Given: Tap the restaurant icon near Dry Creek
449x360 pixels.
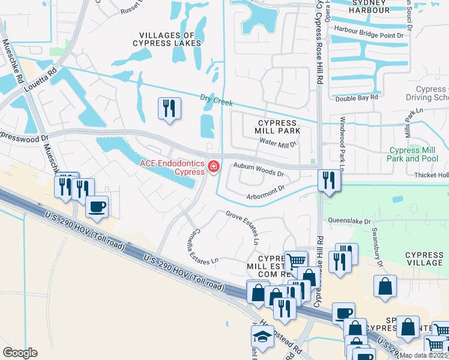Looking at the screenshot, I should (x=169, y=109).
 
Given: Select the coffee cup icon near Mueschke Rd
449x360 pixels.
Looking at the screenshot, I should (x=96, y=207).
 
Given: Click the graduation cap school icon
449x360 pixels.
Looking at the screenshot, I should (x=262, y=337).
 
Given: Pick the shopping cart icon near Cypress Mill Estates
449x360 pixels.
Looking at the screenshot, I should (x=295, y=261).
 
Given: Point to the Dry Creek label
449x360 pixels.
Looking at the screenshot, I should (x=216, y=100).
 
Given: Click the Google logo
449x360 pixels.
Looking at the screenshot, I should (x=20, y=352).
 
